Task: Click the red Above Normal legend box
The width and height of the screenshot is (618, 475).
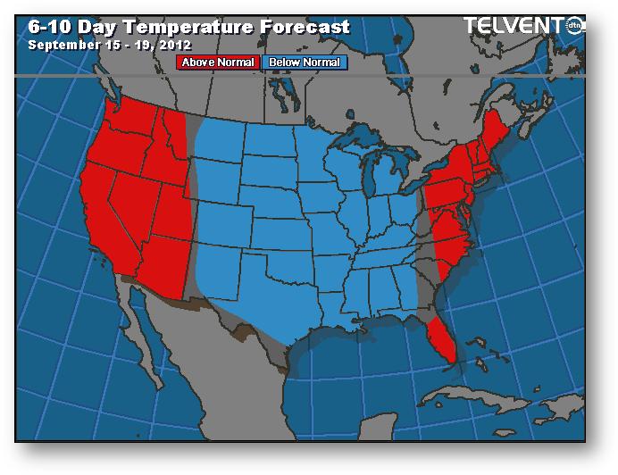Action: pyautogui.click(x=219, y=62)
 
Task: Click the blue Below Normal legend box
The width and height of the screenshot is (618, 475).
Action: pyautogui.click(x=306, y=62)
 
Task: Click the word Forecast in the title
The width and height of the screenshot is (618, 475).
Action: pyautogui.click(x=304, y=27)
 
